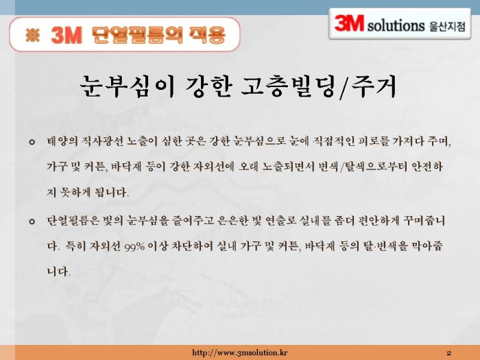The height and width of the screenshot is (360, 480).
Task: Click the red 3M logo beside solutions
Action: [349, 23]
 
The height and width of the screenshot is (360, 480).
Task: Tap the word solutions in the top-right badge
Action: [396, 25]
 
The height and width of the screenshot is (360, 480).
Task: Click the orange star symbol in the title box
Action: [33, 35]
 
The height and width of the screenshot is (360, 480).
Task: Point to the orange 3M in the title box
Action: [67, 35]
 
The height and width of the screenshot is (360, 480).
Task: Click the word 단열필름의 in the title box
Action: [136, 35]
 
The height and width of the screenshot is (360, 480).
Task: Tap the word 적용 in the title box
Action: [208, 35]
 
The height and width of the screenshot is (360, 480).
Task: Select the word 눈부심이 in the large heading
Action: [127, 86]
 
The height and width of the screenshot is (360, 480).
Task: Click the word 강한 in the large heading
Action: [208, 86]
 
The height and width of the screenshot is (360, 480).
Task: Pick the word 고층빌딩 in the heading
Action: [289, 86]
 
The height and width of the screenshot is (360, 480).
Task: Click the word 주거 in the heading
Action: [374, 86]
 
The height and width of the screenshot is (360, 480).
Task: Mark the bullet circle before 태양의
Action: [32, 142]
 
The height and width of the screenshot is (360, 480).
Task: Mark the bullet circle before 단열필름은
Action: [32, 221]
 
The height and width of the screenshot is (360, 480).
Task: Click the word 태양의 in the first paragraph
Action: [62, 141]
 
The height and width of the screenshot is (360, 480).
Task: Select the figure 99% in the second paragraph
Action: [134, 247]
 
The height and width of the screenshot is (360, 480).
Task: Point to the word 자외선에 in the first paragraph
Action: [213, 167]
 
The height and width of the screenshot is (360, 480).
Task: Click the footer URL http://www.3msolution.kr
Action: [240, 352]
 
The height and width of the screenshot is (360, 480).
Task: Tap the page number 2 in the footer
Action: [448, 353]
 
